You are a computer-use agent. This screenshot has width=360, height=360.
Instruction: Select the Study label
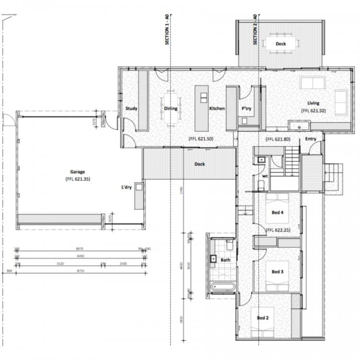pos(131,108)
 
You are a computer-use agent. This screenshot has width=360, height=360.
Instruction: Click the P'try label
pos(246,108)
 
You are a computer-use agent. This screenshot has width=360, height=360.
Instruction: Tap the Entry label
pos(311,139)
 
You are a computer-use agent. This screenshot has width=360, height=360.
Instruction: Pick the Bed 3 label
pos(278,272)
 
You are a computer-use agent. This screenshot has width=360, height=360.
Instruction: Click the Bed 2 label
pos(262,318)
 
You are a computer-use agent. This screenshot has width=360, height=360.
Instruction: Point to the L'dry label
pos(127,187)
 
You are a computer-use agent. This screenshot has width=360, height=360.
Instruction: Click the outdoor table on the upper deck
pos(281,43)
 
